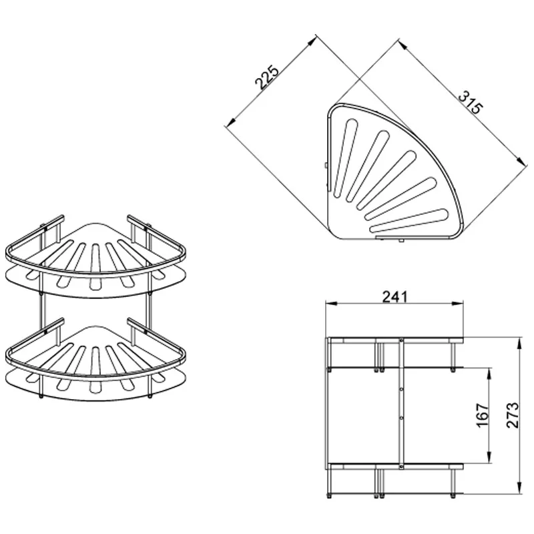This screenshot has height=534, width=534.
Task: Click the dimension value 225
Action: (x=267, y=77)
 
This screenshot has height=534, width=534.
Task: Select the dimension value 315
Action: (x=471, y=102)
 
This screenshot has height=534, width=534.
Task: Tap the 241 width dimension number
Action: (x=394, y=296)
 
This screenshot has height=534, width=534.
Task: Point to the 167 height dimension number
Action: (x=482, y=415)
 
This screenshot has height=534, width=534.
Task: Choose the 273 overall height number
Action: (x=512, y=415)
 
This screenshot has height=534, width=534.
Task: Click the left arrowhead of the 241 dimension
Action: (x=331, y=303)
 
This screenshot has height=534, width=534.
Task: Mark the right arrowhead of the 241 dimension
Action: (x=458, y=303)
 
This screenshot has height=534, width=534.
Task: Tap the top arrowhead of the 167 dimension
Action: (x=489, y=374)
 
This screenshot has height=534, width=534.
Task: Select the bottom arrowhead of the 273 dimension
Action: (x=519, y=489)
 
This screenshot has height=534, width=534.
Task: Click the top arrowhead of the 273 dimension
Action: (x=519, y=343)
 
